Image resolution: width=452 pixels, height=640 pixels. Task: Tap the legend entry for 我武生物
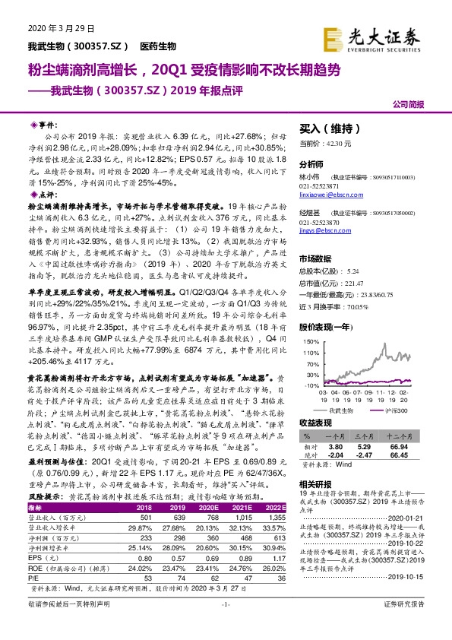[344, 410]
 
